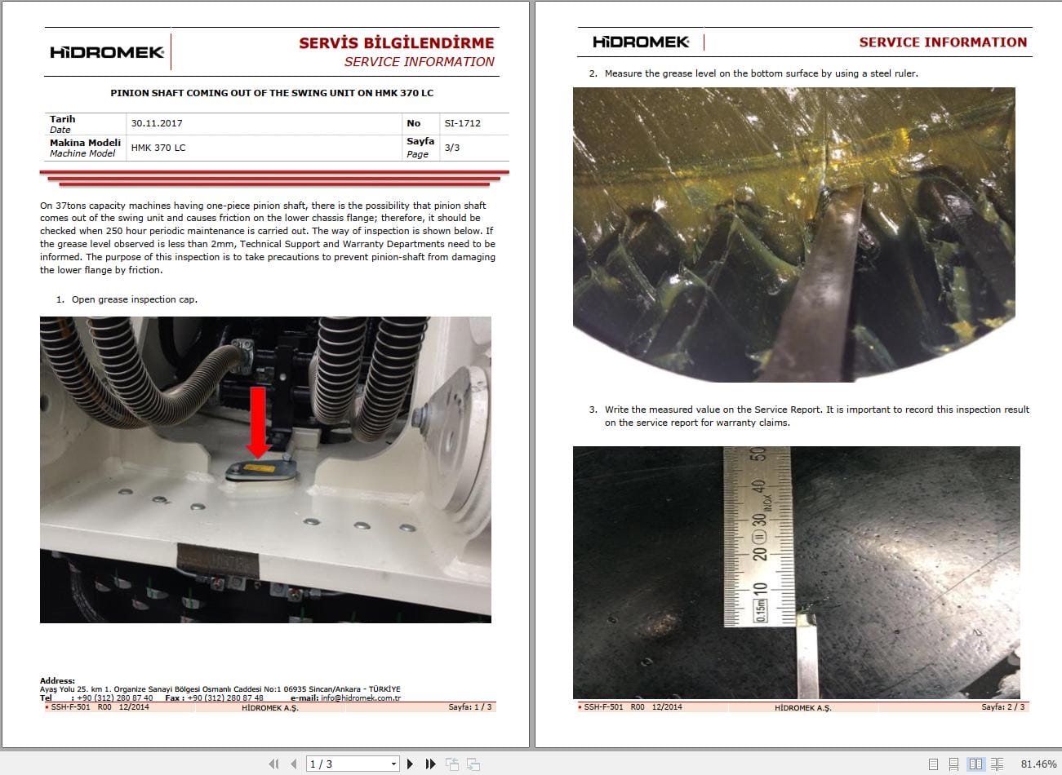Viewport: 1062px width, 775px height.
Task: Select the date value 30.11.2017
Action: [157, 123]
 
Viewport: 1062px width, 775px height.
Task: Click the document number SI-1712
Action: [462, 123]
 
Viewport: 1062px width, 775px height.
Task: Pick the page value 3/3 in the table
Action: [451, 148]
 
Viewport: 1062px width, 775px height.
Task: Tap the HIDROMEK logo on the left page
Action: [107, 52]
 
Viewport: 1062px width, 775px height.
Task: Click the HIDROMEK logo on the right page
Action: [641, 42]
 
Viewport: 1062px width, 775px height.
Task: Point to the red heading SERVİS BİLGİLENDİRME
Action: [396, 43]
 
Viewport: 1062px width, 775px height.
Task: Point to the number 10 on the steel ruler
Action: [759, 590]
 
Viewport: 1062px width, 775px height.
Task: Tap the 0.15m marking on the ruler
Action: [760, 611]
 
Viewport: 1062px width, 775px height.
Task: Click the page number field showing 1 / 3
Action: [351, 764]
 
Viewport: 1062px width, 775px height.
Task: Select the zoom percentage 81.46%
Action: [1038, 764]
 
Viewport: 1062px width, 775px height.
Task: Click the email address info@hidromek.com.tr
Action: [360, 698]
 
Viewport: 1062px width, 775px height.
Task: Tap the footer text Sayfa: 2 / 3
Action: [1002, 707]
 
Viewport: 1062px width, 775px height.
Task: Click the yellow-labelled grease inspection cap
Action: [259, 472]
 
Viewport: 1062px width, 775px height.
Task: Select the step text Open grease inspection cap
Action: [134, 299]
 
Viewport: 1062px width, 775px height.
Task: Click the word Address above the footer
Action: [57, 680]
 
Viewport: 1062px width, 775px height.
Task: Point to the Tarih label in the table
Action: [62, 119]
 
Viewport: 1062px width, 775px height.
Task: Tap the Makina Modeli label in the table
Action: [85, 143]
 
